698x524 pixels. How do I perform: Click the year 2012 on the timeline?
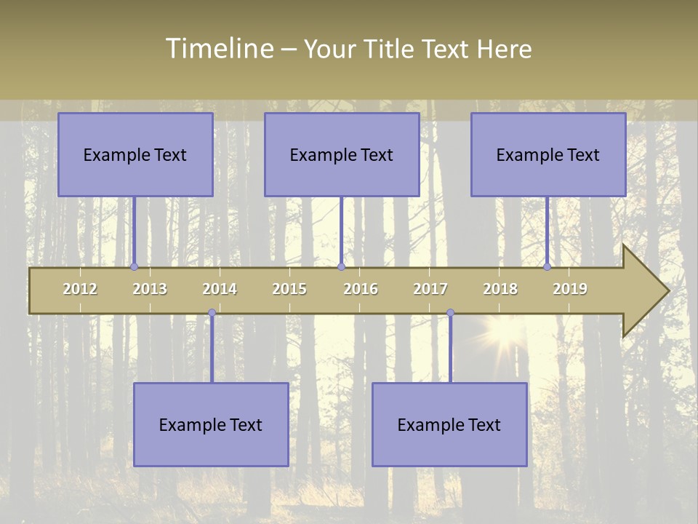point(80,289)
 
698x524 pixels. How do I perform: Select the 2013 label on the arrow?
point(150,289)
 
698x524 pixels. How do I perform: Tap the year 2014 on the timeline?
point(220,289)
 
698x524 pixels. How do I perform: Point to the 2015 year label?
point(289,289)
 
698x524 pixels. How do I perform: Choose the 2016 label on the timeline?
point(361,289)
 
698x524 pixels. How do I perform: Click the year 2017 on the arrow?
point(430,289)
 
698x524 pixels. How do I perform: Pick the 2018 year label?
point(500,289)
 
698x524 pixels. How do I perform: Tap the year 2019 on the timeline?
point(570,289)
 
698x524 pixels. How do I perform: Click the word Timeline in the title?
point(219,49)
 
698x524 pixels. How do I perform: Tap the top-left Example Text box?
point(135,154)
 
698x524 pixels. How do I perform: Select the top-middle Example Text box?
point(342,154)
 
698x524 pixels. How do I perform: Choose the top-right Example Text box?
point(548,154)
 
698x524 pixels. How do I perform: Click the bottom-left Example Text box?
point(211,424)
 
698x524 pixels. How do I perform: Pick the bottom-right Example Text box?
point(449,424)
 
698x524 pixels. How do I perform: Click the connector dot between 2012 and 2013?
point(134,267)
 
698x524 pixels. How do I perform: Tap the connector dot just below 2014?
point(212,313)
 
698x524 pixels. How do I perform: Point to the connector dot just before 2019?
point(547,267)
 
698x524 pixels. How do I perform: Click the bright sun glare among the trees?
point(501,333)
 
